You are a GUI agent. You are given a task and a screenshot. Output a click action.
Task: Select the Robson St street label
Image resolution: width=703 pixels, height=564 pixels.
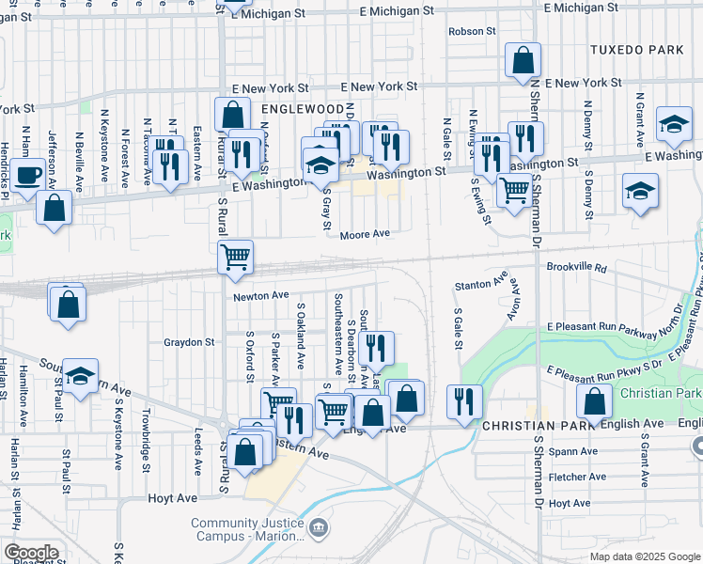coord(472,31)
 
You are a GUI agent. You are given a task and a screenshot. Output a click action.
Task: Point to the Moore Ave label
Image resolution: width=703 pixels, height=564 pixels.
coord(365,234)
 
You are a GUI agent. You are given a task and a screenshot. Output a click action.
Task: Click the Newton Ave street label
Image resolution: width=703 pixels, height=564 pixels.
coord(261,295)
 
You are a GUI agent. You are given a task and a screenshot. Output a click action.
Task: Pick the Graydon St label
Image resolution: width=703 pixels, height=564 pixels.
coord(189,342)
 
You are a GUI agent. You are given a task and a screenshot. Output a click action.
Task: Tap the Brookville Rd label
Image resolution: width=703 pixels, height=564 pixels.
coord(576,268)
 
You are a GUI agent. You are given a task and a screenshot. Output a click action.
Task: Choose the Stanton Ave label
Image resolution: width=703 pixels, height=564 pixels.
coord(480,284)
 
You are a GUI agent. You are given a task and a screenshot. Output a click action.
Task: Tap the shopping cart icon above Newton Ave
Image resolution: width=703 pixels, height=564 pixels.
coord(235,256)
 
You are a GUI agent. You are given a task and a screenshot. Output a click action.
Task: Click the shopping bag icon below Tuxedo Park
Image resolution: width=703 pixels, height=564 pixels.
coord(523,60)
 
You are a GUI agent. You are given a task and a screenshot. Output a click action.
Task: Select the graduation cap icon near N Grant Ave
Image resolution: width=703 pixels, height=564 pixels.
coord(674,126)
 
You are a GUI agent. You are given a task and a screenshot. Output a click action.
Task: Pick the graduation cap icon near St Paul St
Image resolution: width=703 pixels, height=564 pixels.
coord(82,377)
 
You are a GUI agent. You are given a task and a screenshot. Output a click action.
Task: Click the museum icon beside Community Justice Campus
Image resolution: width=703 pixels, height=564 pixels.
coord(320,530)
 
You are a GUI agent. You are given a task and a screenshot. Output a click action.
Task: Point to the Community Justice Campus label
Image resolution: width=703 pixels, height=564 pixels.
coord(249,530)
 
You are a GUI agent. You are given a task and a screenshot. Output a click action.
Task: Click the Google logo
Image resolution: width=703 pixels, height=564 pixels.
coord(30,553)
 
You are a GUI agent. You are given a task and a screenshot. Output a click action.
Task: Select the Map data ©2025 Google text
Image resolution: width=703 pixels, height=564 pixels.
coord(644,556)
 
